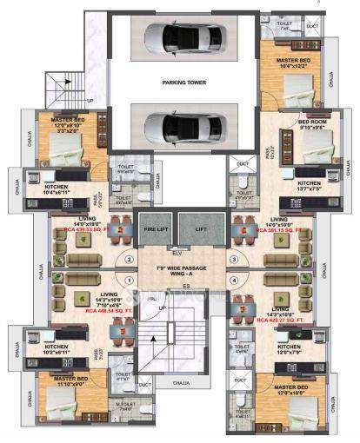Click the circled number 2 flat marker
click(128, 258)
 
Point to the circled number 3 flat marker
click(233, 258)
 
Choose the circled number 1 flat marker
click(128, 281)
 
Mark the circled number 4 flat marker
click(233, 281)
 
